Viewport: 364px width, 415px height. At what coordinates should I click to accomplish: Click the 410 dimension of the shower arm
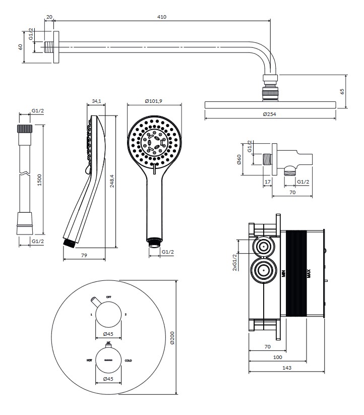coord(161,17)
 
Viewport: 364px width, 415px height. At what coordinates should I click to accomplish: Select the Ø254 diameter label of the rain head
coord(270,114)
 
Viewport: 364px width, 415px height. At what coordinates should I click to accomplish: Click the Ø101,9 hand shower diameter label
coord(153,101)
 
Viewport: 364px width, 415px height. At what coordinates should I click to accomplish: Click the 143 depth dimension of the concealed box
coord(287,368)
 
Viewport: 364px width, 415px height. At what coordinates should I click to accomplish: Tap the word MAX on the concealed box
coord(309,274)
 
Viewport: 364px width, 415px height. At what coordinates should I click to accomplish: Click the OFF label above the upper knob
coord(108,297)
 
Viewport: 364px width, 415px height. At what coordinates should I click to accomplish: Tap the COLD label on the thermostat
coord(129,360)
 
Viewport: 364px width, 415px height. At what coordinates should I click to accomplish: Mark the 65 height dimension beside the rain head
coord(342,91)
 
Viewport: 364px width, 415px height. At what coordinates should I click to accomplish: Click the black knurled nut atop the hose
coord(24,128)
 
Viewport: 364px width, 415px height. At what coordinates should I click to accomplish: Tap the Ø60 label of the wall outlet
coord(239,161)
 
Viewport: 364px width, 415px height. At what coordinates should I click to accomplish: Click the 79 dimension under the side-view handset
coord(84,256)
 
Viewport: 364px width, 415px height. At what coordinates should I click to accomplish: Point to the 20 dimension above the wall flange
coord(49,17)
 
